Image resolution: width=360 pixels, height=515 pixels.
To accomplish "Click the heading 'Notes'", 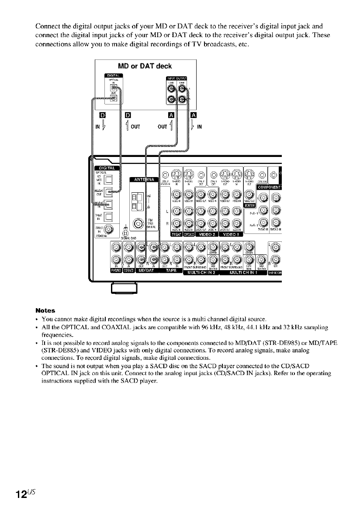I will coord(45,310).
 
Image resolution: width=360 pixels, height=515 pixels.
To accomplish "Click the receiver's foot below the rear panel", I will coord(125,288).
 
